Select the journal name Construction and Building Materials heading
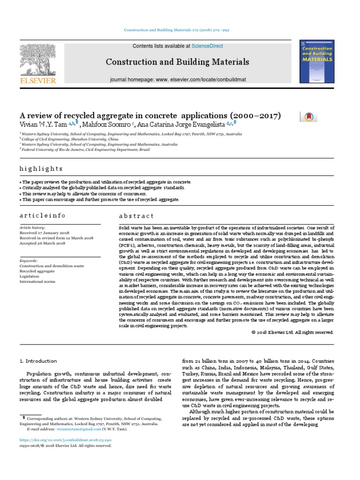[177, 62]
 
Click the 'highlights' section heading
[41, 169]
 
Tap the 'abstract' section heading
[136, 216]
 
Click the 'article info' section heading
[42, 216]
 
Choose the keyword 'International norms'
[37, 282]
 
